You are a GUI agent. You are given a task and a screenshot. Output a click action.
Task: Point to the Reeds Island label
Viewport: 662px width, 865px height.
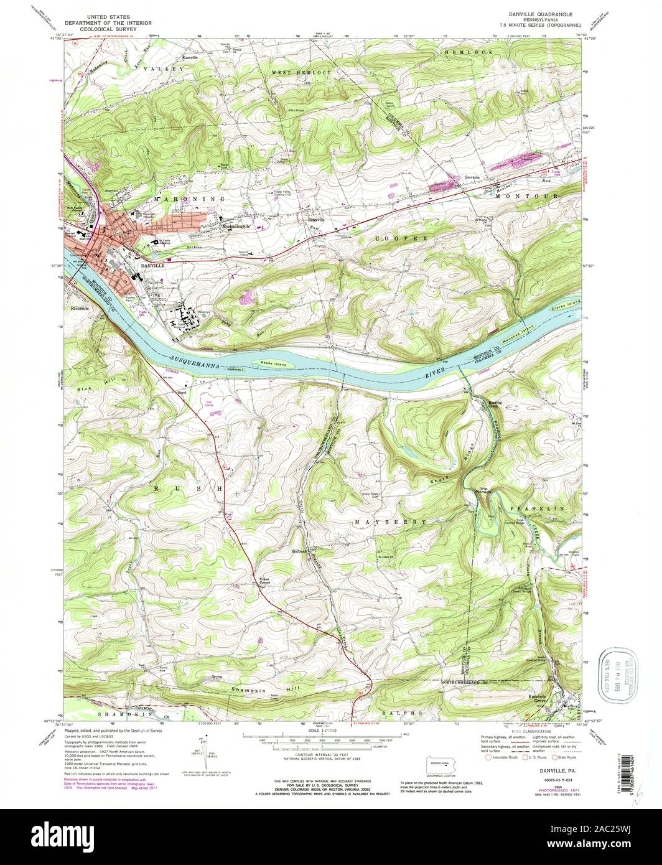coord(269,359)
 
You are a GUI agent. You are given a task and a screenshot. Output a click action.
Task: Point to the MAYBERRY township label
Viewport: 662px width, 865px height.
coord(391,521)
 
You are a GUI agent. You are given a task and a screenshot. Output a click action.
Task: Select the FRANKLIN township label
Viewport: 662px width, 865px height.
coord(538,508)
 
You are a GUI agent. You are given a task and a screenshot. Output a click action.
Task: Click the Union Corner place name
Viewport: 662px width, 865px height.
coord(268,582)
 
